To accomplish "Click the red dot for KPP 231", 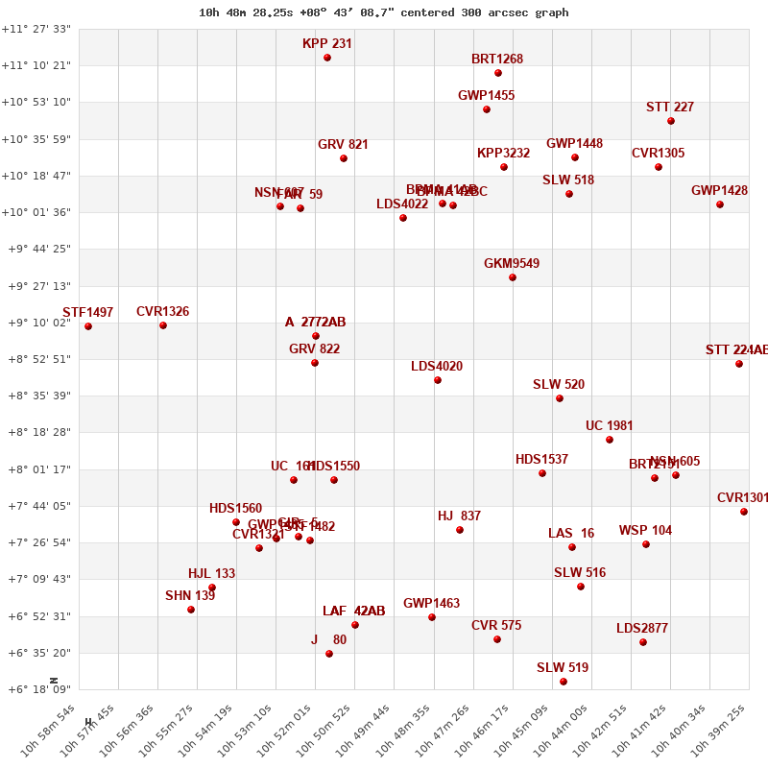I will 327,58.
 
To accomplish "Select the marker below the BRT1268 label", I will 498,73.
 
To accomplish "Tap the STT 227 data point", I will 671,121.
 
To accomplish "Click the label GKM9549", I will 512,264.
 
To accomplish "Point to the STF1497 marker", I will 88,326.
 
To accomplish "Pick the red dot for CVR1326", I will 163,325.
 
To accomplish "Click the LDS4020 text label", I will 437,367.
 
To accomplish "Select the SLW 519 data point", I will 564,682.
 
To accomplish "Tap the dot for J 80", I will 329,654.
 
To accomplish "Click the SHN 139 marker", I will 191,610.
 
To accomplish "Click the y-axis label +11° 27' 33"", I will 36,30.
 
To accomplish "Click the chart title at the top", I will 384,12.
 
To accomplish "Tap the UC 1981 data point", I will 610,440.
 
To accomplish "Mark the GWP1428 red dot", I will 720,204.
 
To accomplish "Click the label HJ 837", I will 459,516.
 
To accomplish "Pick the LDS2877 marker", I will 643,642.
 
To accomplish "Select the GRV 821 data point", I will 344,158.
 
